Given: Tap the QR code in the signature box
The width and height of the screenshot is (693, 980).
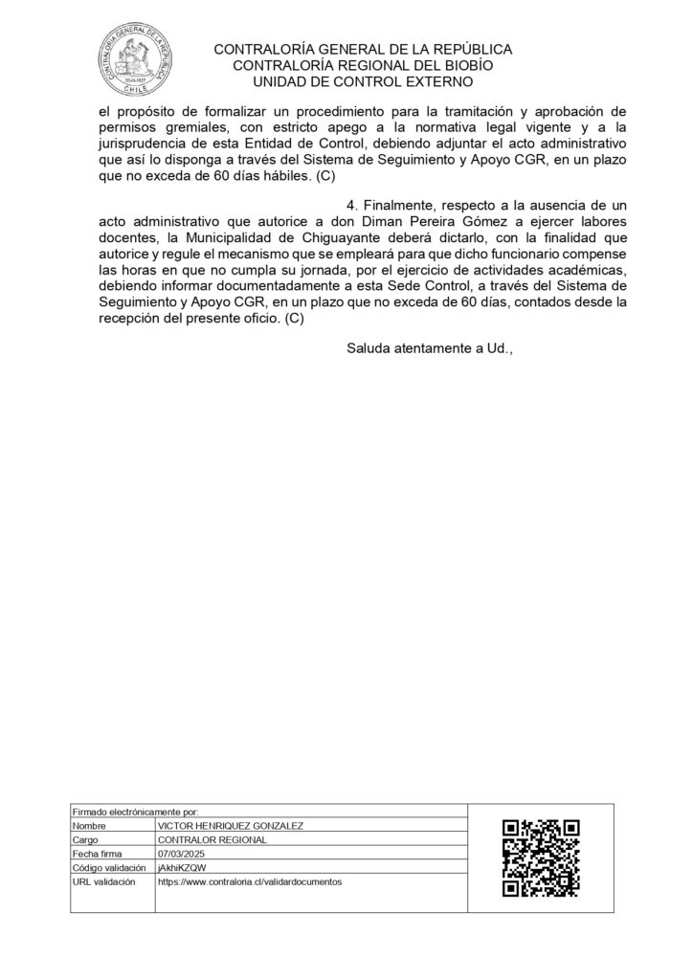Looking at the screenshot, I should pyautogui.click(x=542, y=857).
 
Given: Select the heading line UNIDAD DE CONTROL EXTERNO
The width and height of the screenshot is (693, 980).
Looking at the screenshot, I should pyautogui.click(x=363, y=81).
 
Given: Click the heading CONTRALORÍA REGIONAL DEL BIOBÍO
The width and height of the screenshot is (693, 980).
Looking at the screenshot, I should pyautogui.click(x=363, y=65).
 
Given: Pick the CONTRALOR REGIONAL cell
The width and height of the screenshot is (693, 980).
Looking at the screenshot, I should pyautogui.click(x=212, y=839).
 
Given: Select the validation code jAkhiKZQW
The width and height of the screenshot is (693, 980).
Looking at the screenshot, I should pyautogui.click(x=179, y=867).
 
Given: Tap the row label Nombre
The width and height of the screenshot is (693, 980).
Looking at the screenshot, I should pyautogui.click(x=88, y=825).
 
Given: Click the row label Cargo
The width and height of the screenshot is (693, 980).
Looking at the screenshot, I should pyautogui.click(x=86, y=839).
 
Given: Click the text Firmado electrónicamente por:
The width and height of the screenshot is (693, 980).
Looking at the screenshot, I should pyautogui.click(x=134, y=812).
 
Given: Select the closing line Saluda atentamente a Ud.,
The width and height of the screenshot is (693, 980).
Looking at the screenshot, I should pyautogui.click(x=430, y=348).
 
